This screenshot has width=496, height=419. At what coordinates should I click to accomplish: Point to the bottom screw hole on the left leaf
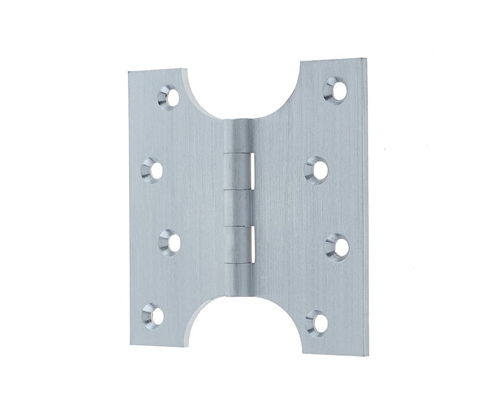click(153, 315)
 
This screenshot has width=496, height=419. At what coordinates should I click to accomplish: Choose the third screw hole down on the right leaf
click(337, 246)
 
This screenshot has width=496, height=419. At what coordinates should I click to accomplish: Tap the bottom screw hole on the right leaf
click(318, 323)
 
